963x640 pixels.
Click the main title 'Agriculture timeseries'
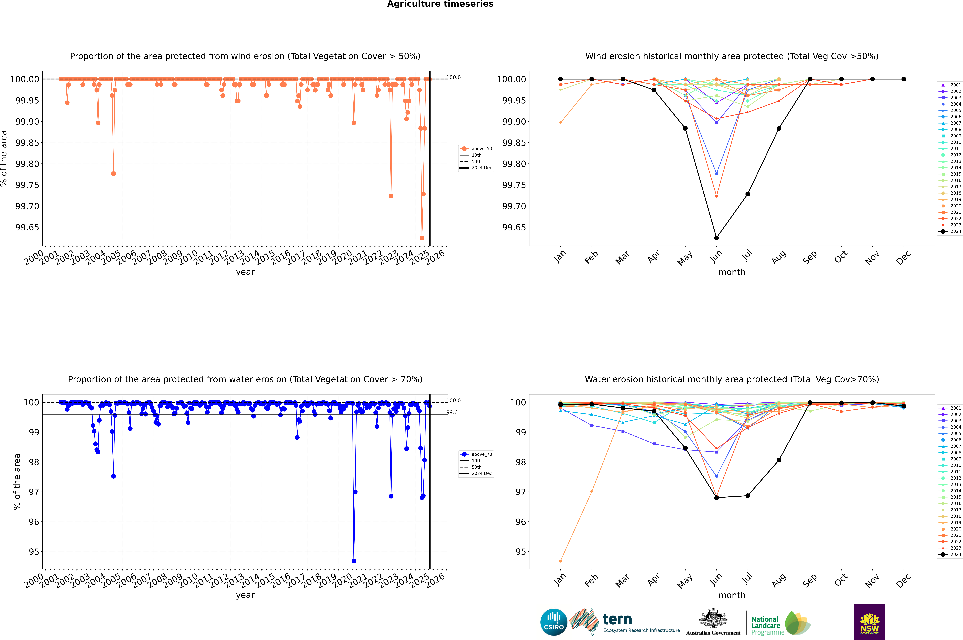(x=440, y=4)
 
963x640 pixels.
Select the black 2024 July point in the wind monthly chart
(x=747, y=194)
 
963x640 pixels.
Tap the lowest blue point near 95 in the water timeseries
(x=354, y=561)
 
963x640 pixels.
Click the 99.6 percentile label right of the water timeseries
(x=452, y=412)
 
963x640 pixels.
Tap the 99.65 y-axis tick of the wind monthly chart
(x=514, y=227)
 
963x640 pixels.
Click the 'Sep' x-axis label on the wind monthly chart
(x=810, y=258)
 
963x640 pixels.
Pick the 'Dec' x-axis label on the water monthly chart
(x=903, y=580)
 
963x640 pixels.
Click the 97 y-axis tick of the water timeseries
(x=34, y=492)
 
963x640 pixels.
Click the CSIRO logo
(x=554, y=622)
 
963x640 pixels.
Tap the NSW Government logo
(x=869, y=622)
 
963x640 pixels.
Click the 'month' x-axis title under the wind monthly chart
(x=732, y=272)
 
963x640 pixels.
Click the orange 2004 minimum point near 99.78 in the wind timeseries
(x=113, y=173)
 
